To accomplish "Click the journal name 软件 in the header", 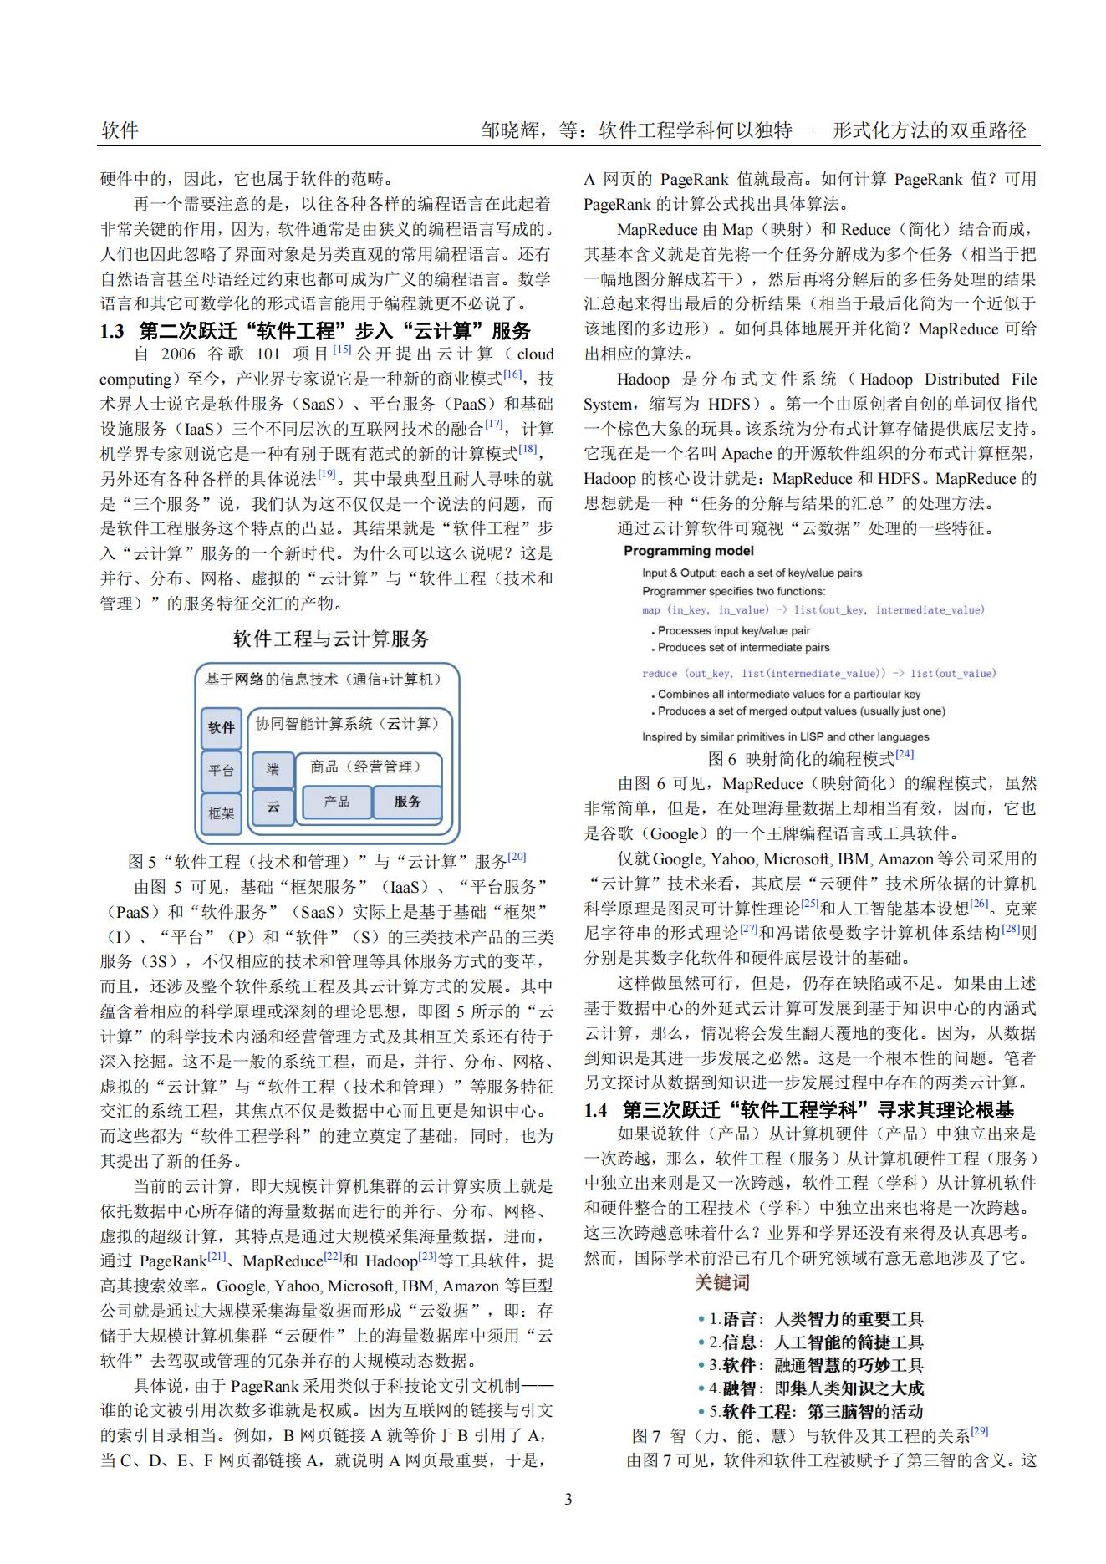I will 120,130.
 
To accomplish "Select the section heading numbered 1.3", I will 315,330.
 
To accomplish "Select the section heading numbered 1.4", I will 798,1109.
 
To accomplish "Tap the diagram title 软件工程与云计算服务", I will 331,639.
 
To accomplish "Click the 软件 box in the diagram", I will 222,727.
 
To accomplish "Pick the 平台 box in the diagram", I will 222,770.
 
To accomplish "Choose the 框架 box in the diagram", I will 222,812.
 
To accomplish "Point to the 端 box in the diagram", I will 273,769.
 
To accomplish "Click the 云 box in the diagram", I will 273,807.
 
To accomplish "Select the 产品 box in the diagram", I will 336,802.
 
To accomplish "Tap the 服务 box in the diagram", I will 407,802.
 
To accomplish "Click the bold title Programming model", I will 689,551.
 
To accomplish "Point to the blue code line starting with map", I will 813,610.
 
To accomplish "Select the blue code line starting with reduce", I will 818,673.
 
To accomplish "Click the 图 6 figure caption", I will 810,758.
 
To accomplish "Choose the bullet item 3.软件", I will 810,1365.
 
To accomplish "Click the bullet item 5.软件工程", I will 810,1412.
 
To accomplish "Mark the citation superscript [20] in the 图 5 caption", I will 517,857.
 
